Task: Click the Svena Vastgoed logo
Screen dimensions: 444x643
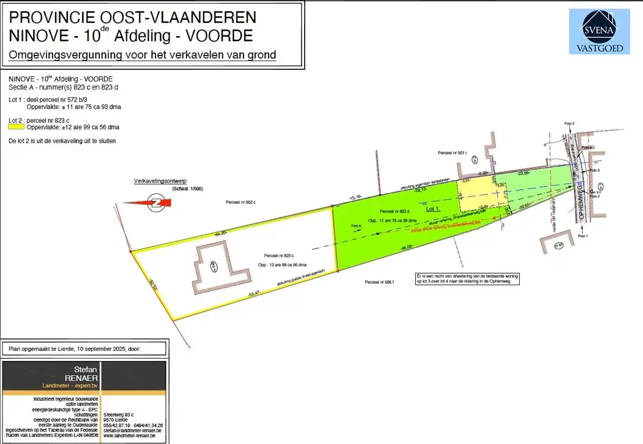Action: [599, 32]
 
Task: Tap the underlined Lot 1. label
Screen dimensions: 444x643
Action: [433, 209]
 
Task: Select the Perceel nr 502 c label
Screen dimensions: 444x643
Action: [240, 202]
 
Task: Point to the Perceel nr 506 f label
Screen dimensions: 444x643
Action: [380, 282]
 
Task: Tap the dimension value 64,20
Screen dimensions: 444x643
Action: [221, 233]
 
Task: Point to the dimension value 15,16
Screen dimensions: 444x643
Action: [356, 197]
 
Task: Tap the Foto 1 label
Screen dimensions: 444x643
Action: [582, 236]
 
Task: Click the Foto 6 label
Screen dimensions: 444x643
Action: [356, 226]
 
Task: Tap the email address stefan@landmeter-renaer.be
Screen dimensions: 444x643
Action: [132, 430]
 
